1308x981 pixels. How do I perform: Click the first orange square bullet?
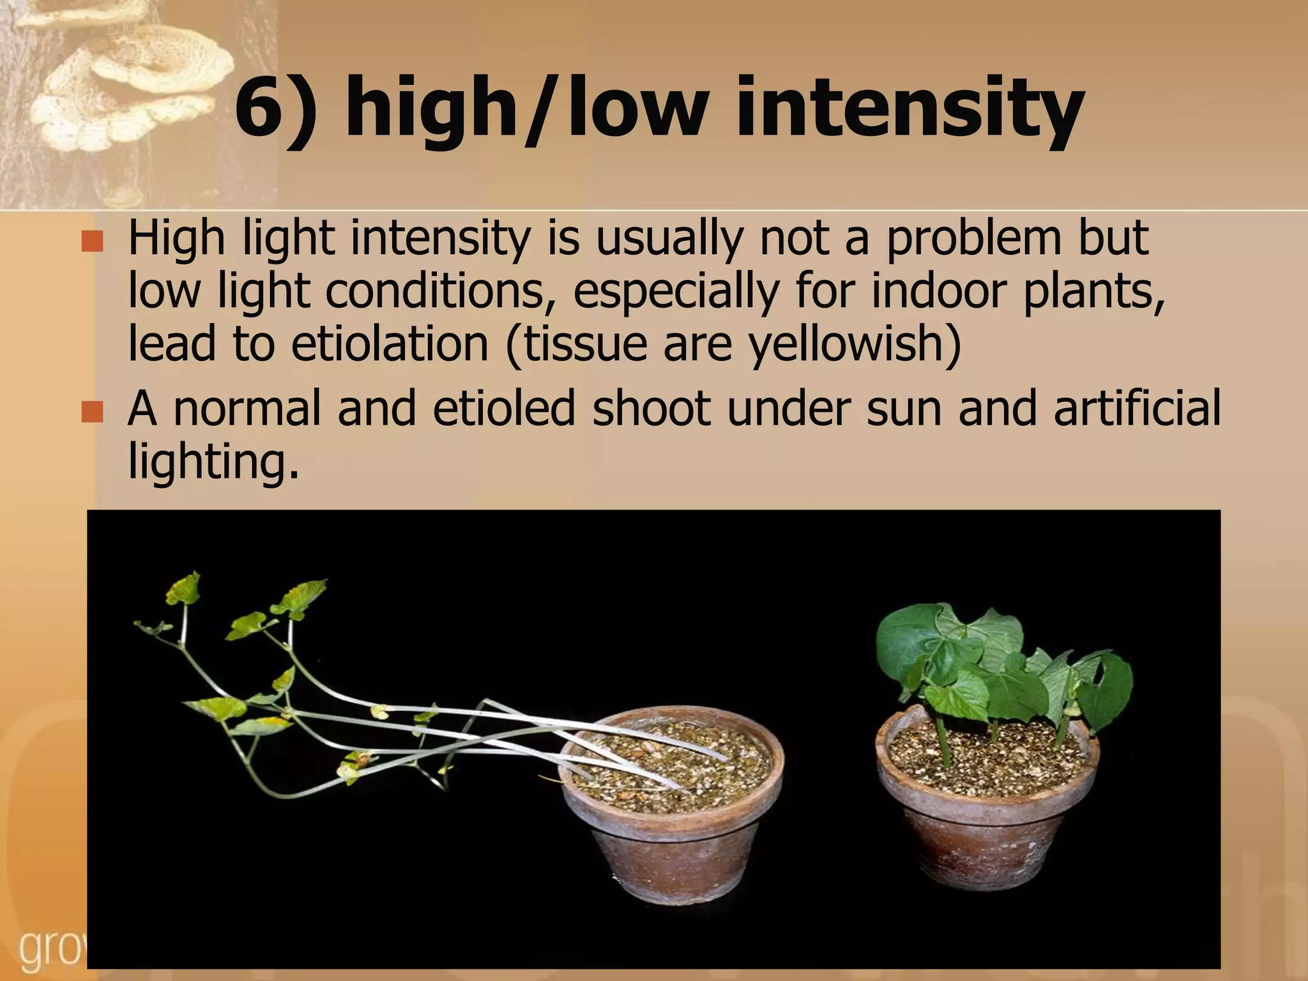point(93,241)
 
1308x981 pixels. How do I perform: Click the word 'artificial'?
point(1137,409)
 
